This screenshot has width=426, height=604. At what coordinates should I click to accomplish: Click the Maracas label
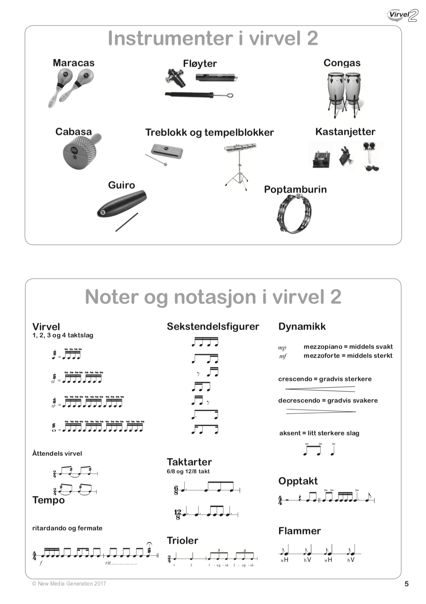click(74, 63)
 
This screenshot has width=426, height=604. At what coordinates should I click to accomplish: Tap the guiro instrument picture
click(122, 204)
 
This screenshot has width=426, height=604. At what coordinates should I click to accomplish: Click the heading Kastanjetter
click(345, 132)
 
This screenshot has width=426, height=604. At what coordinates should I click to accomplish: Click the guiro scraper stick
click(127, 222)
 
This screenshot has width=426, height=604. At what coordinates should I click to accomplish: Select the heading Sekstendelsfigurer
click(213, 326)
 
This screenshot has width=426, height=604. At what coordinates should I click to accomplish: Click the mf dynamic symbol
click(283, 356)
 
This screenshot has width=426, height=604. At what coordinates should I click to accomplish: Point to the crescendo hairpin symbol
click(320, 389)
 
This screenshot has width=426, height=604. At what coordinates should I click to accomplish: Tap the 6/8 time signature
click(176, 490)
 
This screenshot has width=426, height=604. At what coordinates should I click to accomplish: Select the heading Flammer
click(299, 531)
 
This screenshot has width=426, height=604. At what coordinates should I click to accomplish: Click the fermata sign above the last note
click(149, 543)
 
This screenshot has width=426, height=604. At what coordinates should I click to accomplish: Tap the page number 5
click(406, 584)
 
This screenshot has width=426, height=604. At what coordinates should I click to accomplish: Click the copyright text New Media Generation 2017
click(69, 584)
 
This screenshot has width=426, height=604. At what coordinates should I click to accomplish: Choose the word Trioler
click(182, 541)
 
